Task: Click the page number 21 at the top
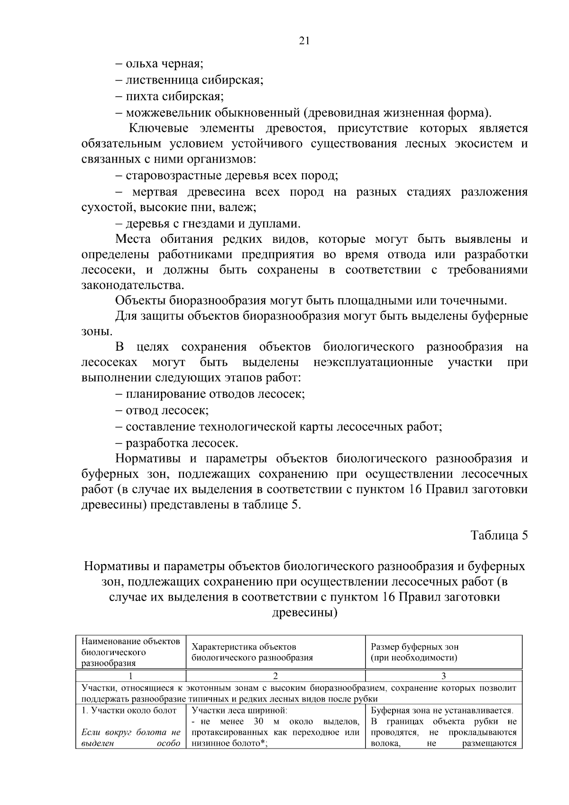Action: [x=304, y=41]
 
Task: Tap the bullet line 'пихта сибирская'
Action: [x=169, y=96]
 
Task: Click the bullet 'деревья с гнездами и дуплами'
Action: [x=208, y=223]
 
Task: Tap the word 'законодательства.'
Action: [x=132, y=286]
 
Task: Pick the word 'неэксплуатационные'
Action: [x=373, y=363]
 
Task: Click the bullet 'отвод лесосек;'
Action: [x=162, y=410]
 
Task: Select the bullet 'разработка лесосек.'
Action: [x=176, y=443]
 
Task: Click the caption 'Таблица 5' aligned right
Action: [x=499, y=535]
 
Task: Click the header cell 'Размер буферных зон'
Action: [x=414, y=647]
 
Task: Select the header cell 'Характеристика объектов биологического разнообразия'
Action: [x=252, y=652]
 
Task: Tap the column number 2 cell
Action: [x=275, y=676]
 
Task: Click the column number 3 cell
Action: [x=443, y=676]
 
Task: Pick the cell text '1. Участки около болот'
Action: [x=128, y=710]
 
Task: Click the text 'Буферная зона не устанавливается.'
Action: [x=442, y=710]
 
